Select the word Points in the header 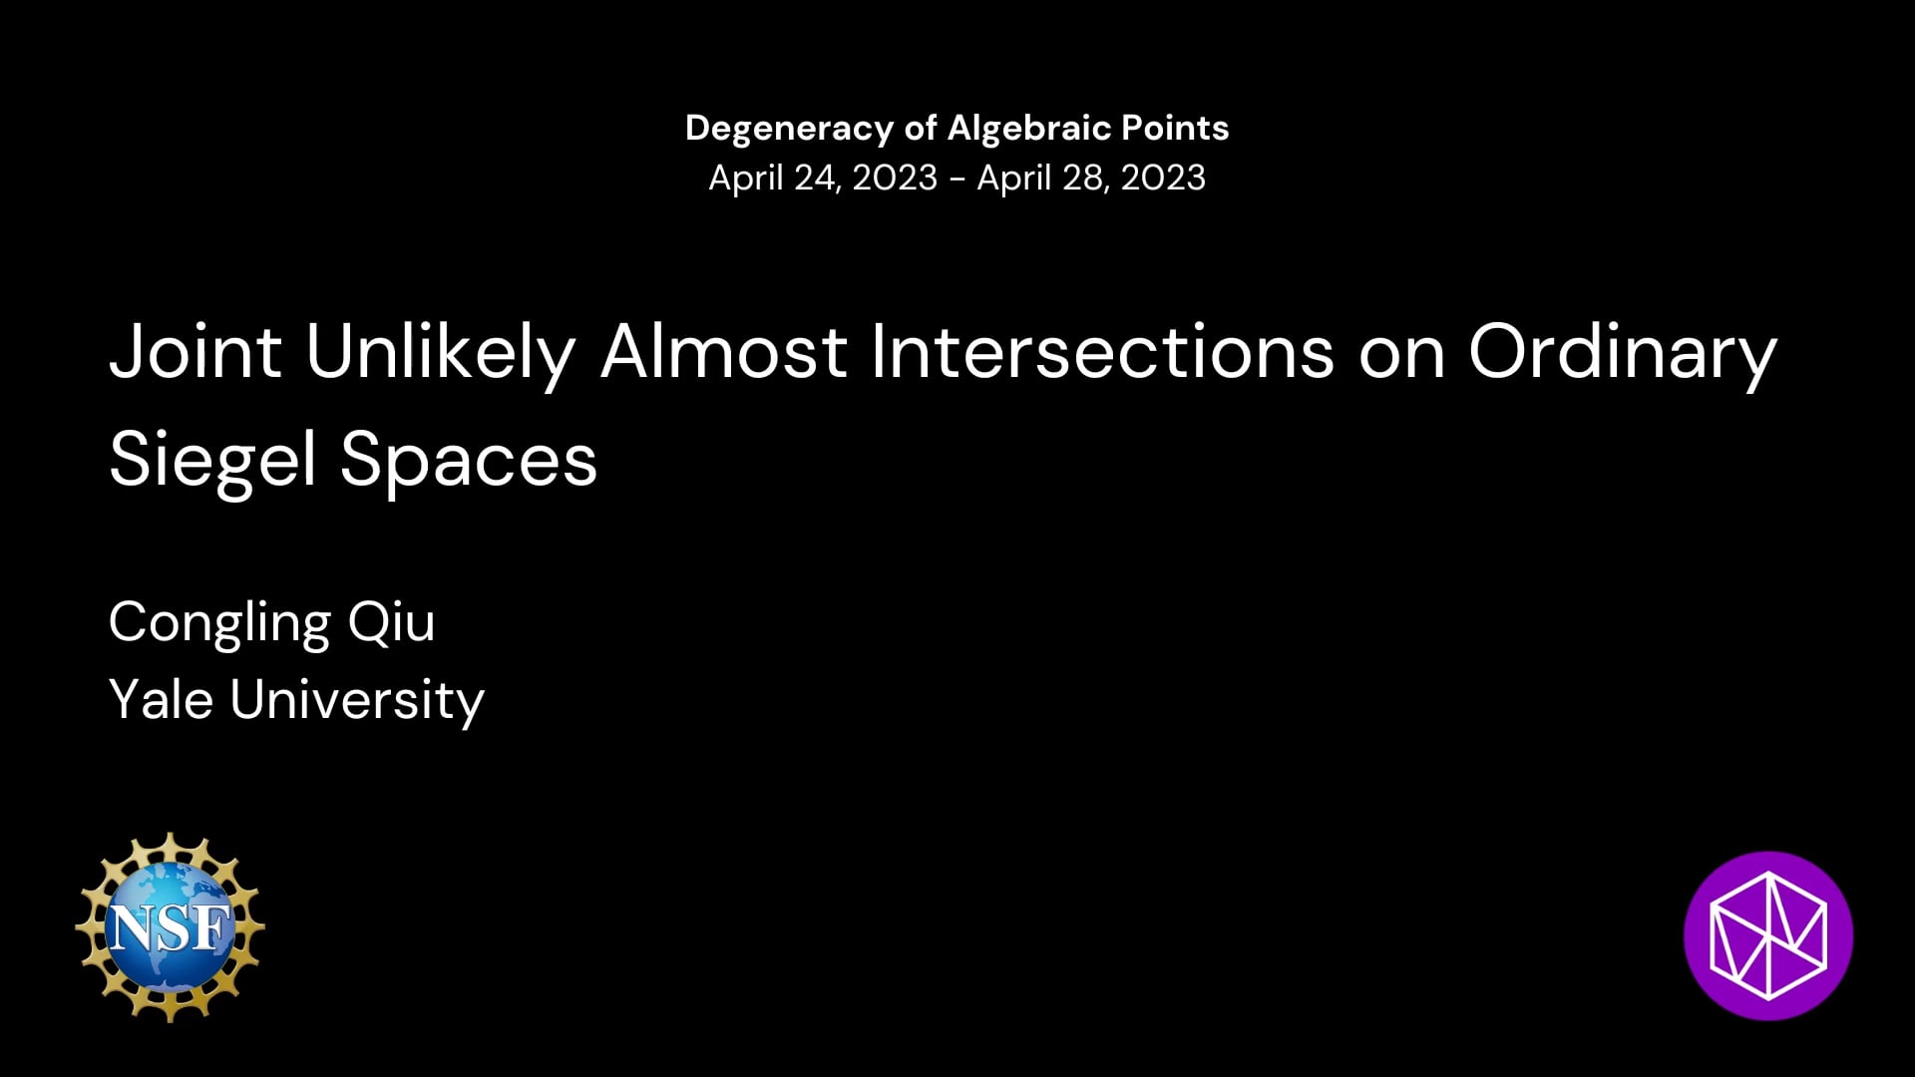click(1175, 128)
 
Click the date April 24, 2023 click(823, 178)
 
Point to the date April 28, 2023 click(1091, 178)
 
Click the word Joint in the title click(195, 352)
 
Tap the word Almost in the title click(724, 352)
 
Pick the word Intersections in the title click(1103, 352)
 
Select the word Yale click(161, 699)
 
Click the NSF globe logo click(170, 927)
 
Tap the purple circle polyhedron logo click(1768, 935)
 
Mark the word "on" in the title click(1401, 360)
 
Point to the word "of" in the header click(921, 128)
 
